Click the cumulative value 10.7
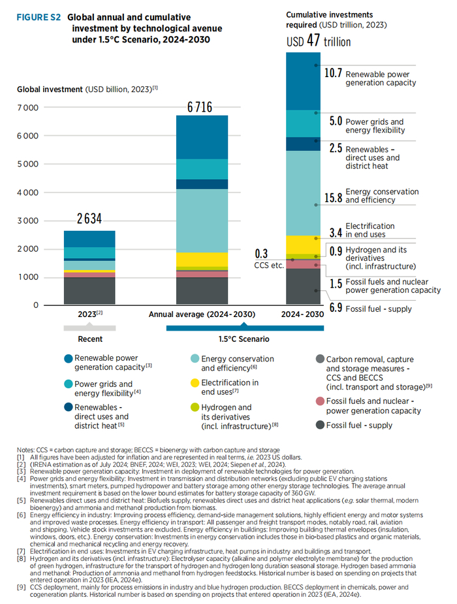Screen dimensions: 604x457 click(333, 74)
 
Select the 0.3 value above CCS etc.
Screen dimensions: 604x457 click(261, 254)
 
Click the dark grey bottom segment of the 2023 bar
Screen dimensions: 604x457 click(89, 291)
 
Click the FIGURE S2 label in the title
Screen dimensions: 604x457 click(39, 18)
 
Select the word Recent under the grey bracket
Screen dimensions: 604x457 click(90, 339)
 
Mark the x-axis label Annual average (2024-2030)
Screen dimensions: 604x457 click(201, 314)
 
